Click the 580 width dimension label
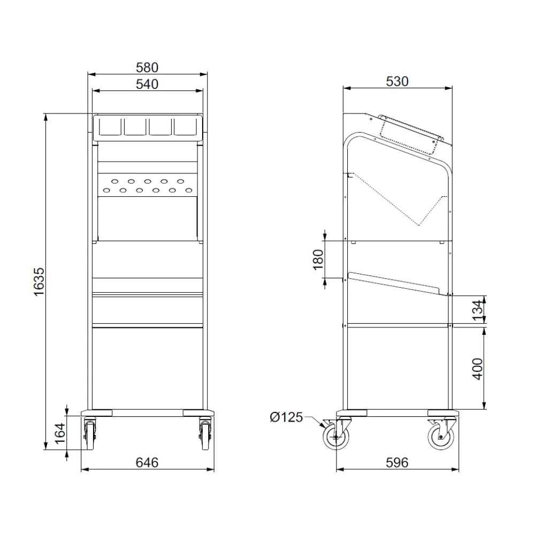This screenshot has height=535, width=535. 147,67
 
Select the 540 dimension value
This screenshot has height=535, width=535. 147,84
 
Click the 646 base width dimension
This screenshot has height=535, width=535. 147,462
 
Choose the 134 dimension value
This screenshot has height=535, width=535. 478,309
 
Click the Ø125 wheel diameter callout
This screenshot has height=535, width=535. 287,417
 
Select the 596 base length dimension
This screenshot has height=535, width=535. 397,462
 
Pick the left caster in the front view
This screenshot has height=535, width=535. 89,433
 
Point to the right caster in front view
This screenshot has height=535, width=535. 205,433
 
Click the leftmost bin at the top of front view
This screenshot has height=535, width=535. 109,126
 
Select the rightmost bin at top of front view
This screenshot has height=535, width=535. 185,126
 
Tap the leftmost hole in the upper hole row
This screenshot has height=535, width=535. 115,181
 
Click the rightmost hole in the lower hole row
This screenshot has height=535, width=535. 188,189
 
